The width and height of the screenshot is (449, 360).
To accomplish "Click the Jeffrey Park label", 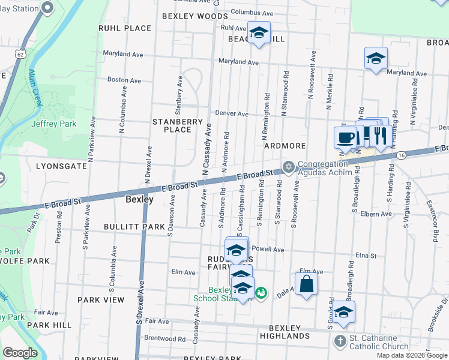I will point(45,124).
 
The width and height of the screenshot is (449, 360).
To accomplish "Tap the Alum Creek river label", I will point(35,88).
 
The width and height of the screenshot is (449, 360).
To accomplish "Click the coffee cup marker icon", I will point(345,137).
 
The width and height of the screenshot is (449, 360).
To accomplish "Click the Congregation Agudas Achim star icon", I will point(289,166).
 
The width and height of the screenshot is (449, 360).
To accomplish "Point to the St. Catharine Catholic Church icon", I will point(340,341).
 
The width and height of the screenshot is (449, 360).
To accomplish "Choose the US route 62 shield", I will point(20,54).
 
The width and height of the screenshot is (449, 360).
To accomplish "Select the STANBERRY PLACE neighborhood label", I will point(178,125).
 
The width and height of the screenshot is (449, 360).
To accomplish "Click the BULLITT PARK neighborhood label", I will point(134,227).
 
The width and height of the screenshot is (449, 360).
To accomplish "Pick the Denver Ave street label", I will point(232,113).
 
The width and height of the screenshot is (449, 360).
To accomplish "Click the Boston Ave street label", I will point(124,80).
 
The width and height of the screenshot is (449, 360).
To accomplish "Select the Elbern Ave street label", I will point(376,214).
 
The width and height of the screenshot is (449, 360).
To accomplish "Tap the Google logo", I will point(20,353).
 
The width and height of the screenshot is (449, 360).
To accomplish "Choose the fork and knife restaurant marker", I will point(378,134).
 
